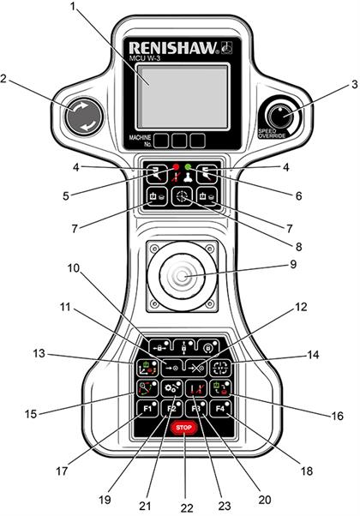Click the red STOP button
coord(181,426)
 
